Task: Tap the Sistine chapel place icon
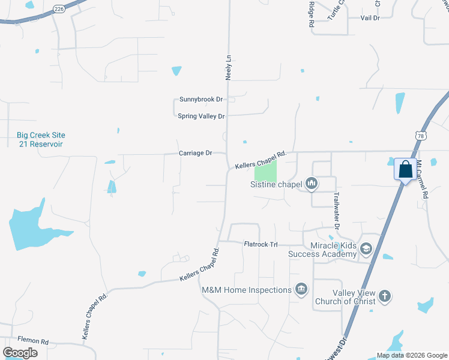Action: [311, 183]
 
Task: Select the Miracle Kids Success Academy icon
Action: [366, 248]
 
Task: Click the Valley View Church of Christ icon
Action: [385, 296]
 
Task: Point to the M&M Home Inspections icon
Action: [301, 290]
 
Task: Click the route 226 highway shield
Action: [58, 8]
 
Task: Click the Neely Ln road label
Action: [228, 68]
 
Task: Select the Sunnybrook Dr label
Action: [201, 99]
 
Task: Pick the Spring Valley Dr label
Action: [201, 116]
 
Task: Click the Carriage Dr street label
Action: [196, 153]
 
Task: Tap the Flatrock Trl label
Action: [261, 244]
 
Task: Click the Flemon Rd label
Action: [33, 340]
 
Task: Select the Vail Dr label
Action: [370, 18]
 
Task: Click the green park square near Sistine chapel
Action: [265, 173]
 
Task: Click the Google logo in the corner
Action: [20, 353]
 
